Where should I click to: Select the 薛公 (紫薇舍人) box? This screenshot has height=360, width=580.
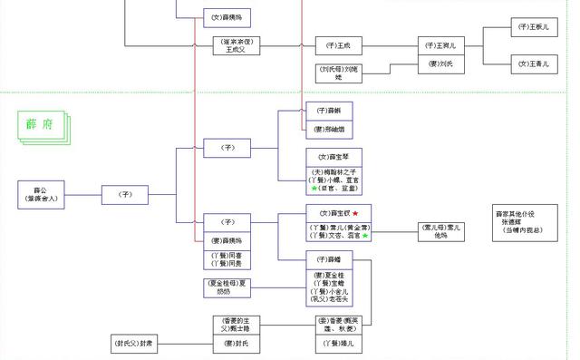click(42, 193)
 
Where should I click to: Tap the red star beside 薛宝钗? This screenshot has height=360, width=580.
click(355, 212)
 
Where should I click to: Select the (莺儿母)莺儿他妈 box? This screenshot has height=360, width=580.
click(441, 230)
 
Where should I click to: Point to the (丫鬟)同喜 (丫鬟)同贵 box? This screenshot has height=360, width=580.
click(227, 259)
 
